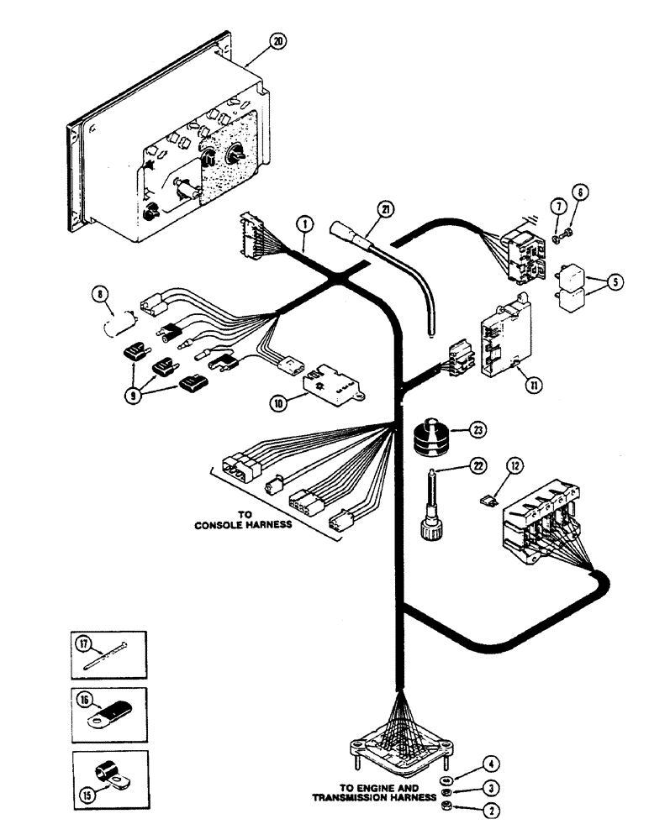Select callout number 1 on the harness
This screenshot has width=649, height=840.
click(x=303, y=224)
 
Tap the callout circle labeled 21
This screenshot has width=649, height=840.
click(x=384, y=208)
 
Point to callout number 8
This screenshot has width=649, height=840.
click(x=102, y=293)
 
